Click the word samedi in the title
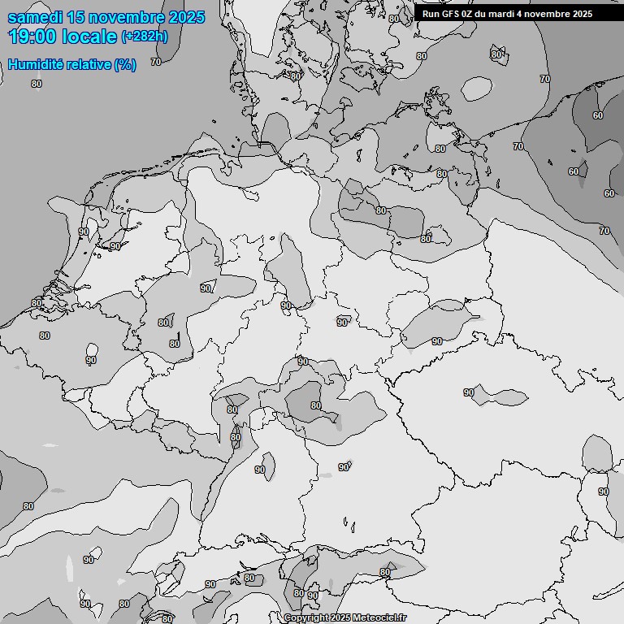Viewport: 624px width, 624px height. pyautogui.click(x=34, y=18)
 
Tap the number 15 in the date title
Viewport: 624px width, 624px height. pyautogui.click(x=75, y=18)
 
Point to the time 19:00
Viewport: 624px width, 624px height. pyautogui.click(x=32, y=37)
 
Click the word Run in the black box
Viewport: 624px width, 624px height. pyautogui.click(x=431, y=14)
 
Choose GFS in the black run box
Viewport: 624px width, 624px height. pyautogui.click(x=451, y=14)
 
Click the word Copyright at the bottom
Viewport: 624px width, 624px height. pyautogui.click(x=306, y=617)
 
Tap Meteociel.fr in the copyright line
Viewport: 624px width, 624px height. pyautogui.click(x=380, y=617)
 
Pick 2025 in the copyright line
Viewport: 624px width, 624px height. pyautogui.click(x=342, y=617)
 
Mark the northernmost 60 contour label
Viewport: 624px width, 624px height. pyautogui.click(x=598, y=115)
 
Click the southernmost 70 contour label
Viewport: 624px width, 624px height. pyautogui.click(x=604, y=231)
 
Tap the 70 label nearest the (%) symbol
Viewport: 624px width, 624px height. pyautogui.click(x=155, y=62)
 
